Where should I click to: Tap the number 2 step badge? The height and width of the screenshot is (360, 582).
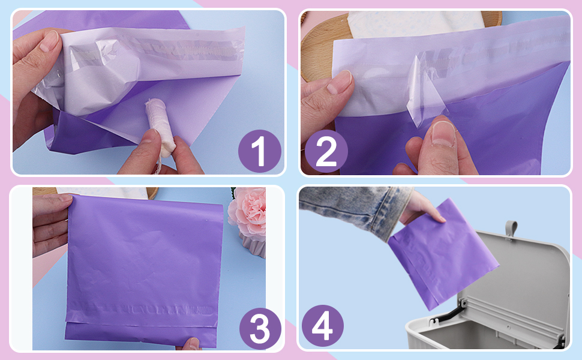[325, 151]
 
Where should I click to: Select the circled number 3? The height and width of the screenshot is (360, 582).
[260, 329]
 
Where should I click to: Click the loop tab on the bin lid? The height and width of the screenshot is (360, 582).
[510, 228]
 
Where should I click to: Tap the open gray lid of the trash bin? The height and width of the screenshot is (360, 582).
[522, 282]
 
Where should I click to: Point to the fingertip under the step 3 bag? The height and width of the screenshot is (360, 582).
[191, 344]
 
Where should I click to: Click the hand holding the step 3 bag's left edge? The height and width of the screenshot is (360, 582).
[51, 222]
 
